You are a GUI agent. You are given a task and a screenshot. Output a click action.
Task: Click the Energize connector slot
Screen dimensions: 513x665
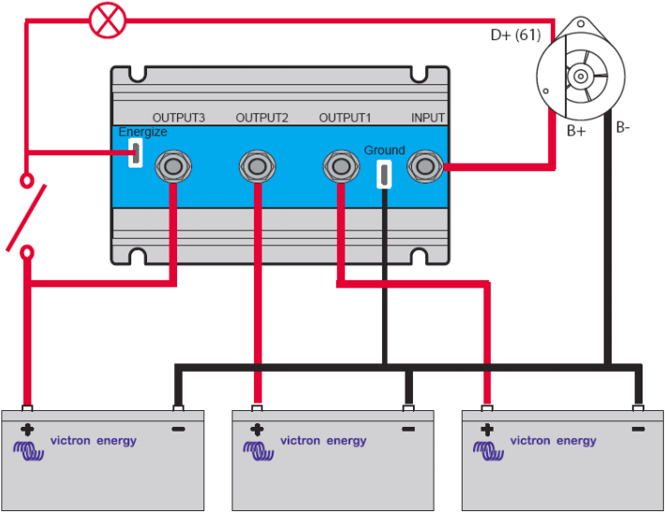(136, 153)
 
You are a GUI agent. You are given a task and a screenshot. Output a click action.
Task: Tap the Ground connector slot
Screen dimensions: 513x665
(384, 172)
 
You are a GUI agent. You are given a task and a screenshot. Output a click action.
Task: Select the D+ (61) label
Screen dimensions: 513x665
(515, 37)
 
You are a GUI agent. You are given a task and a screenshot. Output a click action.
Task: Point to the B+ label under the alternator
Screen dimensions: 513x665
(576, 132)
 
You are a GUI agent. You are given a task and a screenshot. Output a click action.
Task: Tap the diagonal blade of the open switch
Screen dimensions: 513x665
(26, 217)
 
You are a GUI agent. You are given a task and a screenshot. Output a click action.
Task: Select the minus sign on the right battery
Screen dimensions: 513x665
(639, 430)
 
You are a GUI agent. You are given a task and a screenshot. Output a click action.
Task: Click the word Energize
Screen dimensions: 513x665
(142, 133)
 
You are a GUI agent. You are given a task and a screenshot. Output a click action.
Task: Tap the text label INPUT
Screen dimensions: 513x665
(428, 118)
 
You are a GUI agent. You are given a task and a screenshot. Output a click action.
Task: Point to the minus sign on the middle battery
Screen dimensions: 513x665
(408, 430)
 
